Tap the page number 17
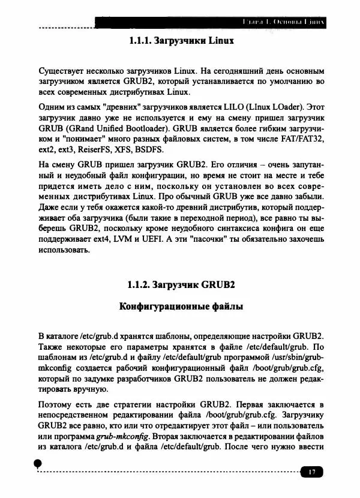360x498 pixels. pos(311,472)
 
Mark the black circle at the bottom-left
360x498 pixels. pos(38,463)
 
